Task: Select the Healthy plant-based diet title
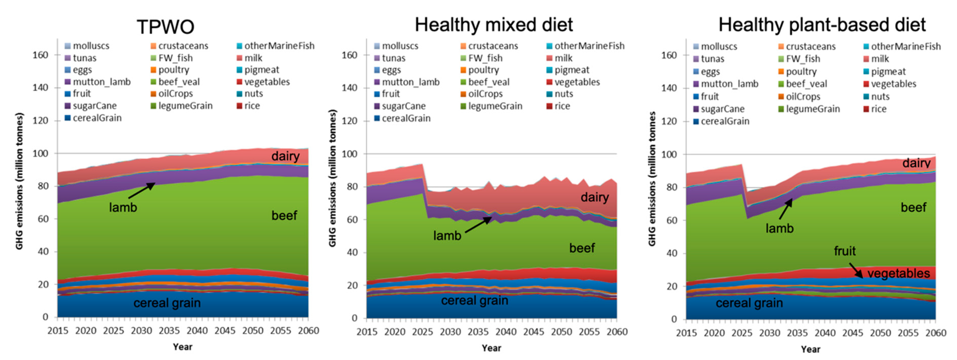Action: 822,25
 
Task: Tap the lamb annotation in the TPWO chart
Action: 123,207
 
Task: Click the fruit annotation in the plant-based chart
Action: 844,251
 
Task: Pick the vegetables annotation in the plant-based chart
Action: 898,274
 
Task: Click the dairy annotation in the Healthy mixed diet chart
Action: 594,197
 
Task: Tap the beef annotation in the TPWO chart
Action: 284,216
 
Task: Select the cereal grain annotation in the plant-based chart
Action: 749,303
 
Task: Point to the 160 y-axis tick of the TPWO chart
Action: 40,55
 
